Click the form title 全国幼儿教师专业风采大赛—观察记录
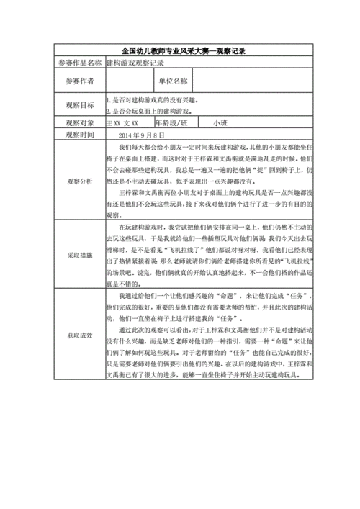180,51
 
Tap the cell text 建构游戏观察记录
132,63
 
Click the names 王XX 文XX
122,124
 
